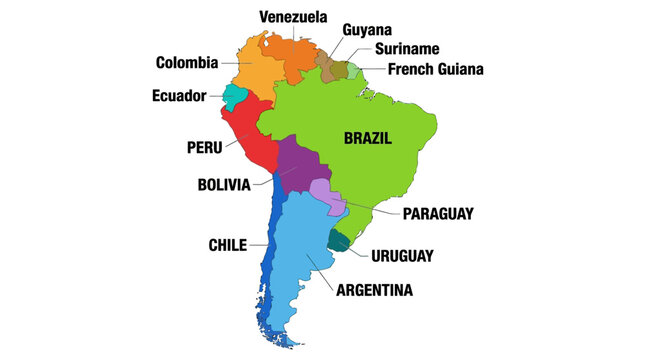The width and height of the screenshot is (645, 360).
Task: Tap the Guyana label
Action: pos(367,30)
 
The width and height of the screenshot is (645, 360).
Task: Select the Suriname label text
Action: pos(407,49)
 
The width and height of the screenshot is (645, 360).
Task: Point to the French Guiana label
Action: pos(436,69)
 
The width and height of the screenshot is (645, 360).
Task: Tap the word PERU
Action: pos(204,147)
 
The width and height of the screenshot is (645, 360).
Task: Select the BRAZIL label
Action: pos(367,138)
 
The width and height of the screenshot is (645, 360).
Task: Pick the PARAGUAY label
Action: pos(438,213)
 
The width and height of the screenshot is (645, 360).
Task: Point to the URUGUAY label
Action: pos(402,255)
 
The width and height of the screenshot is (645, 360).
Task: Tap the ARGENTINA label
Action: pos(375,290)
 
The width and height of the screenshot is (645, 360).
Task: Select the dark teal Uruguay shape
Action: pos(341,240)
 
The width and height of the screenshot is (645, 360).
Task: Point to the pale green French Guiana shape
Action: pos(353,70)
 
